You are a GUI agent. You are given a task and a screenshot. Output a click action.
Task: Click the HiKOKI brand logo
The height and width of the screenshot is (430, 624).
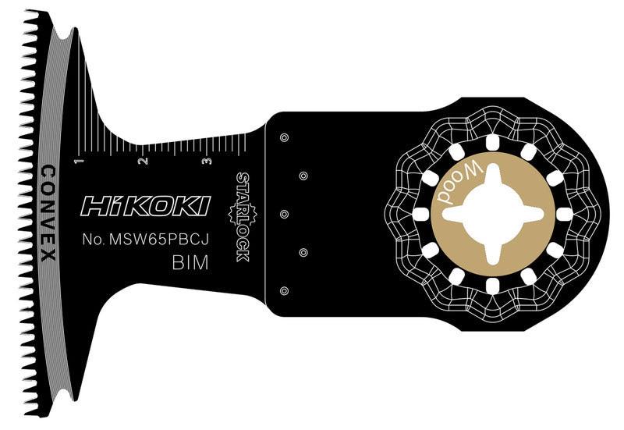click(x=145, y=206)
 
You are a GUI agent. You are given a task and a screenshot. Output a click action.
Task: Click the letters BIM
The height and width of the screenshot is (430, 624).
click(x=190, y=263)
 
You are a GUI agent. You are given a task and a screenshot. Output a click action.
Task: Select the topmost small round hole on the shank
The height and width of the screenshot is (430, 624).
click(x=284, y=138)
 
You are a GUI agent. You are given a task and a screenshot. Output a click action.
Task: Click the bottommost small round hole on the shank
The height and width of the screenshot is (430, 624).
click(x=284, y=290)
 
